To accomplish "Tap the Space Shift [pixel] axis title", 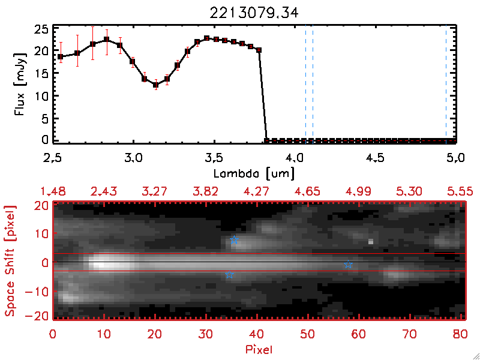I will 10,259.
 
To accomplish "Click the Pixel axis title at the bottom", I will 256,349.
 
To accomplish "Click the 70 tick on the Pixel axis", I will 410,334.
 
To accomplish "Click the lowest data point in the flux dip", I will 155,85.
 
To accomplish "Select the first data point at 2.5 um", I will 61,56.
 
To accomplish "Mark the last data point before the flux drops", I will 259,50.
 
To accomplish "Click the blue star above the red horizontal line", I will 234,240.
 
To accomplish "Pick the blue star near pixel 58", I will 348,265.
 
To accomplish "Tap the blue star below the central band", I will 229,274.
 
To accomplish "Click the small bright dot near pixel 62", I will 370,242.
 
